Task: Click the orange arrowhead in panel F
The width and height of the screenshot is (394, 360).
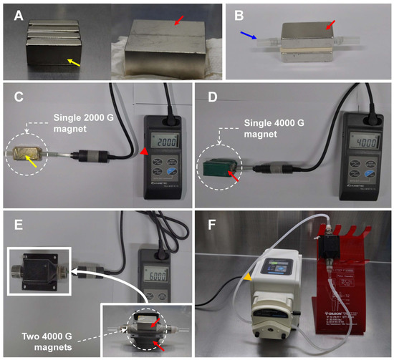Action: tap(247, 276)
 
